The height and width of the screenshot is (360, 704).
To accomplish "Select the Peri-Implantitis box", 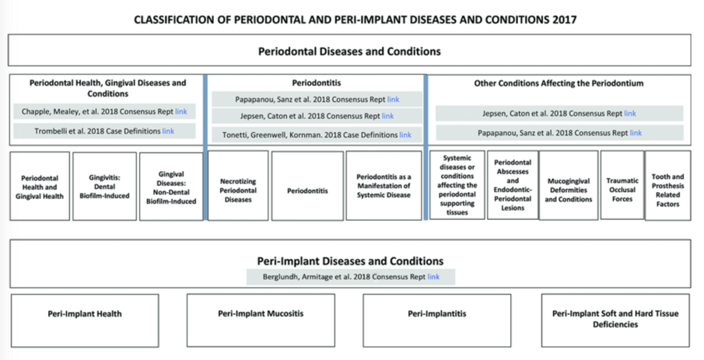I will click(436, 314).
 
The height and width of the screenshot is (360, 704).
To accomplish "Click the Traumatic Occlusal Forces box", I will click(622, 185).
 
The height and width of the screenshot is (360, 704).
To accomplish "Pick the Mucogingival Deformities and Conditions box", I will click(568, 185).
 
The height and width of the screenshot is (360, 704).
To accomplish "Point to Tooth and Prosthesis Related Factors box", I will click(667, 185).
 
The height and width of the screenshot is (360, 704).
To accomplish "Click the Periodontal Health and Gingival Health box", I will click(39, 185).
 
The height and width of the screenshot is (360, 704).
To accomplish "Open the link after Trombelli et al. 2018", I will click(168, 131).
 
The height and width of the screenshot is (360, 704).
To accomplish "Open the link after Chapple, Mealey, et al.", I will click(181, 112).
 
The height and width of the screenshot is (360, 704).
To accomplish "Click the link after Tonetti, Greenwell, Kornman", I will click(405, 135).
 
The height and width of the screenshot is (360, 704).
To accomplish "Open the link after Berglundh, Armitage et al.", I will click(433, 277).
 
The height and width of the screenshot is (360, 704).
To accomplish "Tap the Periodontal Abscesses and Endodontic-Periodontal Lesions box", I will click(512, 185).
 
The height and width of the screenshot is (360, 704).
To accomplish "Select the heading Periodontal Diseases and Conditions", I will click(349, 52).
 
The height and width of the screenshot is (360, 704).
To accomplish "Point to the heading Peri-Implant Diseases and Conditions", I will click(350, 261).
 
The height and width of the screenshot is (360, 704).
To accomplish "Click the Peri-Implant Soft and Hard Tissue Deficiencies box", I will click(615, 319).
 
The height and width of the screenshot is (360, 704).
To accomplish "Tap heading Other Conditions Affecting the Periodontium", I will click(559, 82).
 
